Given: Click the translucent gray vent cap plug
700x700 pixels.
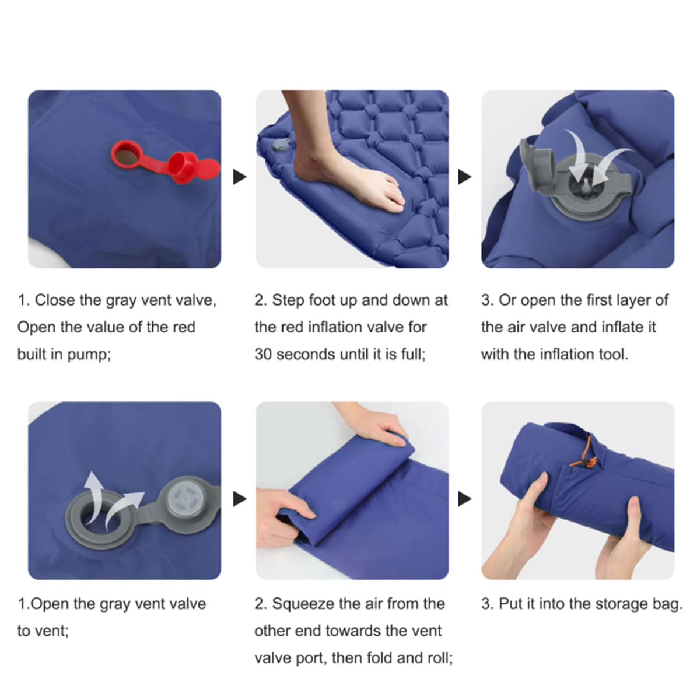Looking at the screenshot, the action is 185,499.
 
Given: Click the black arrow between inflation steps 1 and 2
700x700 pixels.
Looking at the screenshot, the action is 240,177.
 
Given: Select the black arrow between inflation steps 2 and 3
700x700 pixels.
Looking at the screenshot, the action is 464,177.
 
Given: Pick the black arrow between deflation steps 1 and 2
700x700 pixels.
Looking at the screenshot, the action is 240,499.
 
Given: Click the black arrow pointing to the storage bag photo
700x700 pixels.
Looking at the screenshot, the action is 464,499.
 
